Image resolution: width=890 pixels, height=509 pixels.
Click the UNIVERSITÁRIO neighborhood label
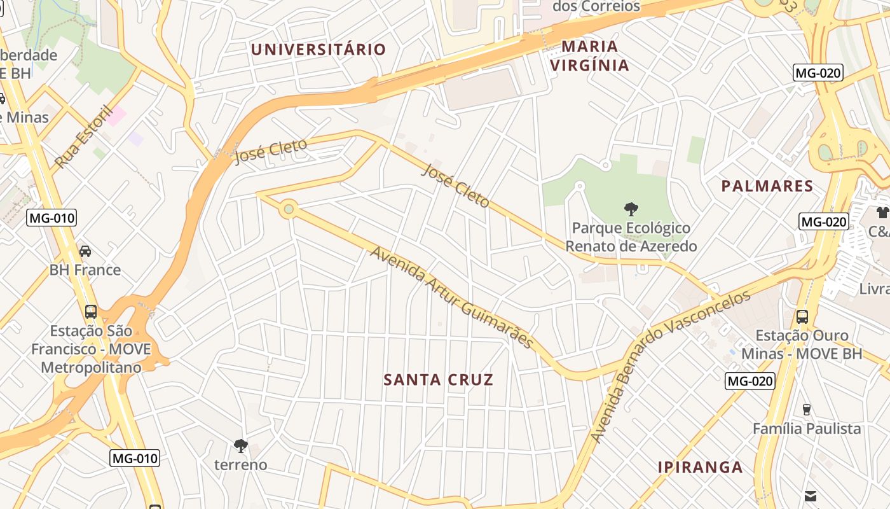coord(318,50)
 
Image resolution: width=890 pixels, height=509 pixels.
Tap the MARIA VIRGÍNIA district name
coord(590,56)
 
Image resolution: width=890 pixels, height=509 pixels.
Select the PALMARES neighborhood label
coord(767,186)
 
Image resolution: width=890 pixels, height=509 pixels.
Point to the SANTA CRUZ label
coord(439,380)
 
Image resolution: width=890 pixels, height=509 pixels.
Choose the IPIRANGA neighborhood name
coord(700,467)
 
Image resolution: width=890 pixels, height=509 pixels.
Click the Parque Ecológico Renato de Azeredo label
coord(631,237)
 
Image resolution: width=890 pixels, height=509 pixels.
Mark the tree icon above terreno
coord(240,445)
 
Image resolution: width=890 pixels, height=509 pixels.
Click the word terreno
coord(240,465)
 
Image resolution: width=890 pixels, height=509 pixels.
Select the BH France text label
coord(85,270)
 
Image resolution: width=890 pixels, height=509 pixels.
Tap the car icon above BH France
coord(85,251)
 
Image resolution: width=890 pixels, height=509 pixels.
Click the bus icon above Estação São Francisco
coord(91,312)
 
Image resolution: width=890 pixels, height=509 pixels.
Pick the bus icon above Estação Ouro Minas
coord(802,316)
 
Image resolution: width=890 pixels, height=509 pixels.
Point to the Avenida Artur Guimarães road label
coord(452,297)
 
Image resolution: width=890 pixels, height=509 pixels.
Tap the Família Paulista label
coord(807,429)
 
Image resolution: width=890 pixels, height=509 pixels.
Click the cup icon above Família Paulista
coord(807,410)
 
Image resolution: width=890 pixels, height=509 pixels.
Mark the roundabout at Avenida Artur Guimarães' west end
coord(289,208)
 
